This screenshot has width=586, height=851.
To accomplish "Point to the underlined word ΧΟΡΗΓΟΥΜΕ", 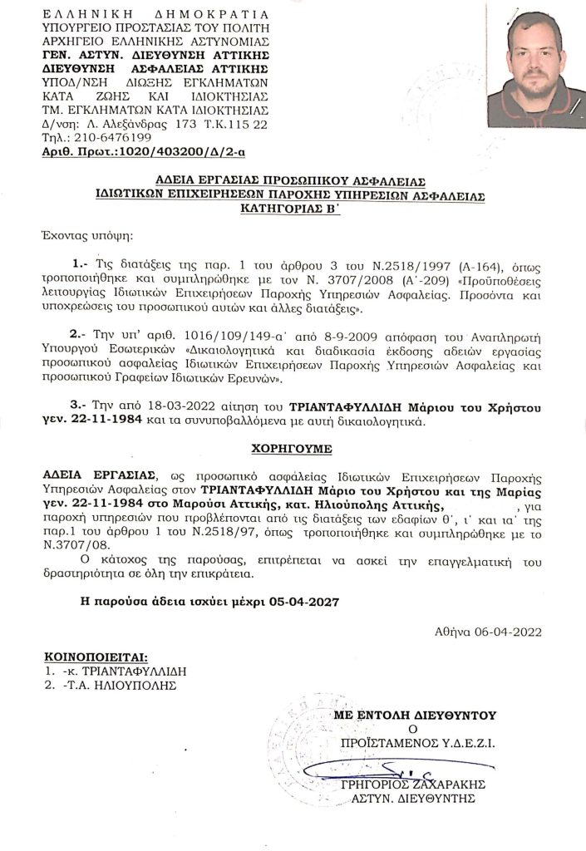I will tap(292, 448).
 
